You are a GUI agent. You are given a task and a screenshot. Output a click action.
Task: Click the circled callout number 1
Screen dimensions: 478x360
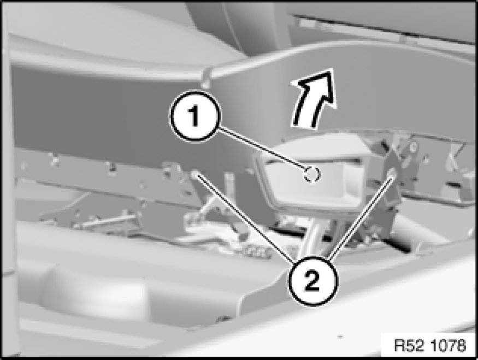coord(194,116)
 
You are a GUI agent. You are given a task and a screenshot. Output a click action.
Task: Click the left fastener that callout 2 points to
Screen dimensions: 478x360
coord(195,174)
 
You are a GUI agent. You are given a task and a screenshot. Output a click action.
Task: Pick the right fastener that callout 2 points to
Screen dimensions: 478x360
coord(392,173)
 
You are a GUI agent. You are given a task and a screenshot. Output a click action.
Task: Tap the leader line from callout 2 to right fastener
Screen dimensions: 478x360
coord(359,217)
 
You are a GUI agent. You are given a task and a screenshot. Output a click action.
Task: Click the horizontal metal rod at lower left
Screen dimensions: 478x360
coord(107,220)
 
